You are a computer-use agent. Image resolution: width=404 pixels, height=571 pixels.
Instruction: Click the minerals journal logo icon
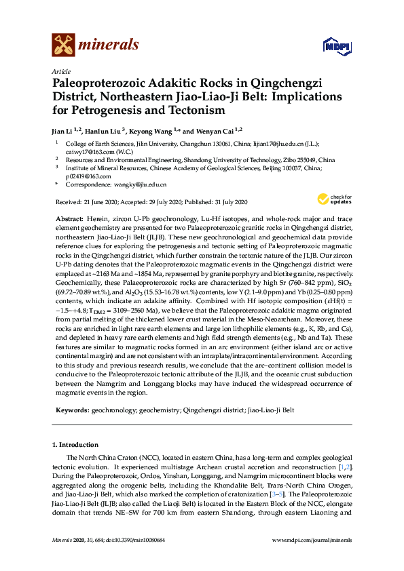pyautogui.click(x=64, y=45)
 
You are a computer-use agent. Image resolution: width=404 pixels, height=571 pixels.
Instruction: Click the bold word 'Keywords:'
pyautogui.click(x=71, y=410)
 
